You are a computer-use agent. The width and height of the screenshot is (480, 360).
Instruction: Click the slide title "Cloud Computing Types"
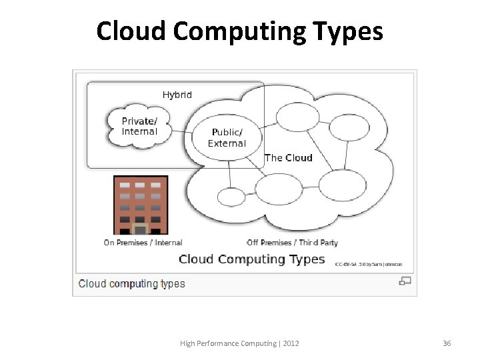tap(239, 31)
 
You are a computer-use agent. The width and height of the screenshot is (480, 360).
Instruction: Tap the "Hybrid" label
tap(177, 95)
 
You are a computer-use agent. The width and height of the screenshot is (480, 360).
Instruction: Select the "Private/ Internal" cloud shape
tap(139, 126)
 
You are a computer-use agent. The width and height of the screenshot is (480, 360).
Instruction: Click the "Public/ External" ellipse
tap(227, 138)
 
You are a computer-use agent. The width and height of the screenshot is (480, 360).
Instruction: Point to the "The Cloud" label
tap(288, 158)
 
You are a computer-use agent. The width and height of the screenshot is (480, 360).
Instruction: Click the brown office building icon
tap(141, 205)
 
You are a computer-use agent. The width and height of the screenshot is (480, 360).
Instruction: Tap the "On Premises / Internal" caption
tap(143, 243)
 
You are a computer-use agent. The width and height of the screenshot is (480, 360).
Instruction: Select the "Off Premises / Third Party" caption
tap(292, 243)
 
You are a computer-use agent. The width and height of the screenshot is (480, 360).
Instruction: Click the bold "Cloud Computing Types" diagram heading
tap(251, 259)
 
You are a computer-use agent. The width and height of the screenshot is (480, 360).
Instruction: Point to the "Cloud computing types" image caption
tap(132, 283)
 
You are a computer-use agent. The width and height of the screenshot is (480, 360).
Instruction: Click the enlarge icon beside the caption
tap(405, 281)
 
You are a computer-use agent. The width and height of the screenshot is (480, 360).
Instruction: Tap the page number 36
tap(447, 343)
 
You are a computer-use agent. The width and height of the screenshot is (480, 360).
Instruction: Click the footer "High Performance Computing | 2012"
tap(239, 343)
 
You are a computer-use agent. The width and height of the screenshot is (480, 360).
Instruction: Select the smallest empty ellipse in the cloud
tap(231, 197)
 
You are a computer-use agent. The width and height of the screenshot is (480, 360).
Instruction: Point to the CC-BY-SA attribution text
tap(368, 264)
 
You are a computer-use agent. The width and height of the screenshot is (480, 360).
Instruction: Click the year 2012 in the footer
tap(291, 343)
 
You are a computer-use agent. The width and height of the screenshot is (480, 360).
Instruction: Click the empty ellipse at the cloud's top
tap(298, 117)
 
